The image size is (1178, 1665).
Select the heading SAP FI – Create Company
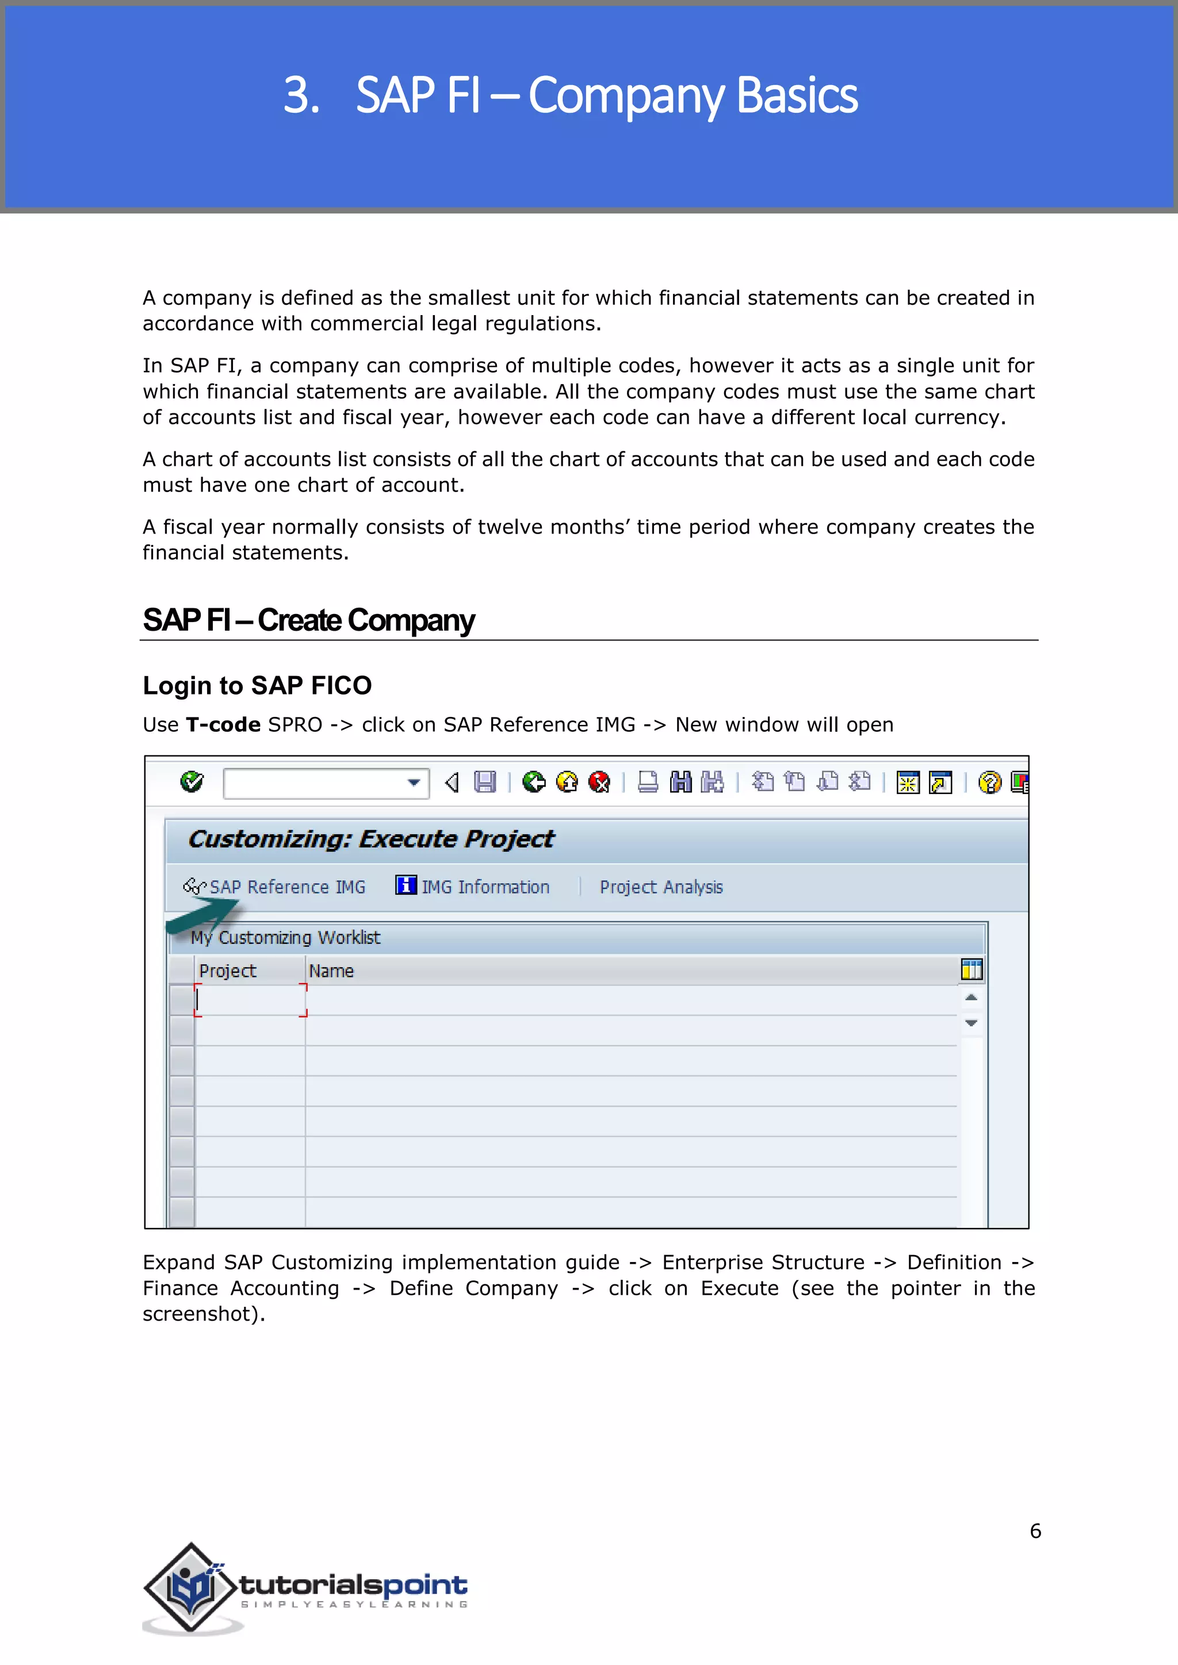pos(308,620)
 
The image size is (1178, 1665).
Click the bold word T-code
pos(223,724)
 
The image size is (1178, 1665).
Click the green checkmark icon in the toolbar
pos(192,782)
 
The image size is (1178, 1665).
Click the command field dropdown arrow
pos(414,782)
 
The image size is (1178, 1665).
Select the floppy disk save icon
pos(484,782)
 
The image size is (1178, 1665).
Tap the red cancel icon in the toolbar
pos(599,782)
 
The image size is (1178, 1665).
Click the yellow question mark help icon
pos(989,782)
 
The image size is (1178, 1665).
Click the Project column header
pos(228,970)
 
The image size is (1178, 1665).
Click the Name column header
pos(331,970)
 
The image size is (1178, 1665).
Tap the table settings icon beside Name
pos(972,969)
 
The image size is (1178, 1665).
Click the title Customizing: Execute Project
pos(370,839)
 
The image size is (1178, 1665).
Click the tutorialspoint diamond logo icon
pos(192,1587)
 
